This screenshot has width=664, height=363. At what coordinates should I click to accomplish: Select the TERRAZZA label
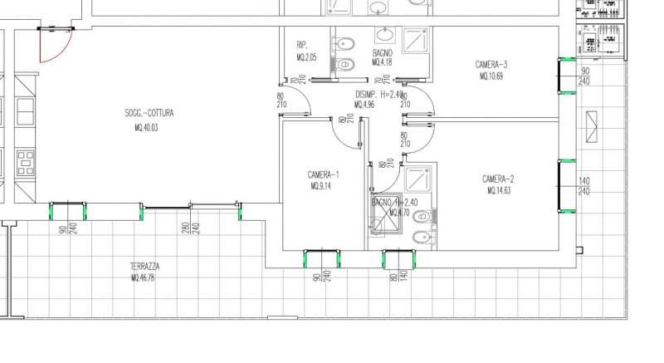click(x=144, y=267)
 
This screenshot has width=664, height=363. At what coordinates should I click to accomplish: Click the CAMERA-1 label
click(x=323, y=174)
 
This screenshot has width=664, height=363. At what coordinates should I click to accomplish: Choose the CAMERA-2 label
click(x=499, y=179)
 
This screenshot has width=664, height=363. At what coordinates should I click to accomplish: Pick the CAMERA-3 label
click(x=491, y=65)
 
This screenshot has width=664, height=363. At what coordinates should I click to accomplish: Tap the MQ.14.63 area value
click(x=500, y=191)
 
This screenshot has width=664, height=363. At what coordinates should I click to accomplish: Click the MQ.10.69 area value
click(x=491, y=76)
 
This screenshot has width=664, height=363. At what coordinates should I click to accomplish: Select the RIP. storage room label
click(x=302, y=45)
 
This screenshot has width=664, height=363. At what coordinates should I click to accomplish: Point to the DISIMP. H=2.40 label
click(x=380, y=95)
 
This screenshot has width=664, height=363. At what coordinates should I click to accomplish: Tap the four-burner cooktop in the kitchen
click(x=24, y=159)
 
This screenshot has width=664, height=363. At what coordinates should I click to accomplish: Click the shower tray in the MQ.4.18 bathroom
click(x=413, y=40)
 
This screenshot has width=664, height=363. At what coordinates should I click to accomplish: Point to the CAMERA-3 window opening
click(x=567, y=76)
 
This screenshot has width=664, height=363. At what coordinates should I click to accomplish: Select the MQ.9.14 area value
click(x=322, y=187)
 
